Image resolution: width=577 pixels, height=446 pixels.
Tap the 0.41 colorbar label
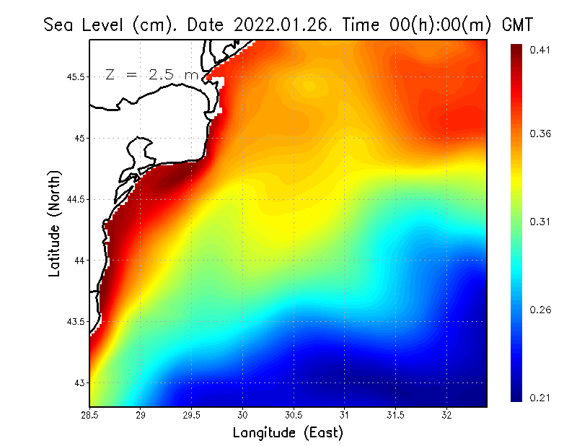(x=540, y=50)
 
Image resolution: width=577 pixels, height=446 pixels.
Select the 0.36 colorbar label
(x=540, y=134)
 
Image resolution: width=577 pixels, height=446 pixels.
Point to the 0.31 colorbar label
(x=540, y=222)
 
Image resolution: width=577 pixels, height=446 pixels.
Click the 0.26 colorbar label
(x=540, y=310)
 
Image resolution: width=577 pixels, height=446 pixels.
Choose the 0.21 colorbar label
(x=540, y=398)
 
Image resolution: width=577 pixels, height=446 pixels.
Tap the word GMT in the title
(x=516, y=25)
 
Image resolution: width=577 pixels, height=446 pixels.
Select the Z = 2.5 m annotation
(x=151, y=74)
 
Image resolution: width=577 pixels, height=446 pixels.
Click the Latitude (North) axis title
(x=54, y=223)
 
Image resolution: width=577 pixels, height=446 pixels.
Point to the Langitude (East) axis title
(x=288, y=432)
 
